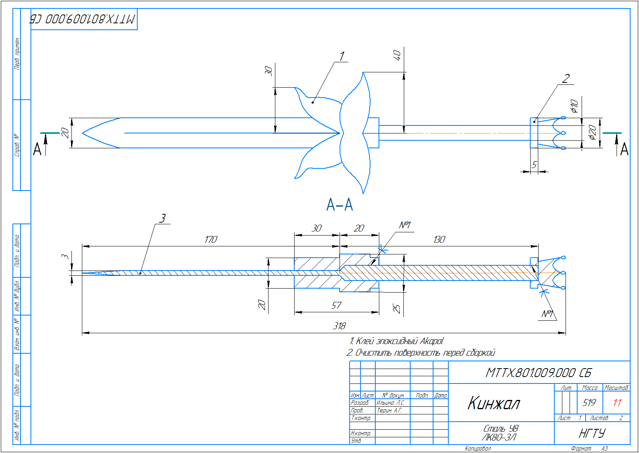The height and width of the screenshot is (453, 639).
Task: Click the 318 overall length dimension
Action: click(339, 326)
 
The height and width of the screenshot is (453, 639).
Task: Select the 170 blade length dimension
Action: click(211, 240)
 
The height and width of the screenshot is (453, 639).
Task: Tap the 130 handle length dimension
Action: click(439, 240)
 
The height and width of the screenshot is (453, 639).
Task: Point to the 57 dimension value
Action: click(336, 305)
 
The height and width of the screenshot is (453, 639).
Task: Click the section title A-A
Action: click(340, 205)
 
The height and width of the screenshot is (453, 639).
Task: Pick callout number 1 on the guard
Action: click(342, 56)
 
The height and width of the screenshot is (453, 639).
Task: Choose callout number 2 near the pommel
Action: click(566, 78)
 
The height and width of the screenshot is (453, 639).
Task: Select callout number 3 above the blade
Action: click(162, 218)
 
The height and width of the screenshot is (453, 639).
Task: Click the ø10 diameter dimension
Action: click(574, 106)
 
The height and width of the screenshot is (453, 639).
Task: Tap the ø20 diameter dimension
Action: click(592, 132)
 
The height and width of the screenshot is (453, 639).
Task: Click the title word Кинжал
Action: click(494, 403)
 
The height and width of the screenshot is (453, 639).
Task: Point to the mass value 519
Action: click(589, 402)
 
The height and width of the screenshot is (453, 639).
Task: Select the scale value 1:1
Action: click(617, 402)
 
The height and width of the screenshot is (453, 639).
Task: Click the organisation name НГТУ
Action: click(592, 433)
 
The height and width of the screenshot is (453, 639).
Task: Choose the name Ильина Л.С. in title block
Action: click(390, 403)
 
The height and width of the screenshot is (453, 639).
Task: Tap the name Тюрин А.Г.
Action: click(389, 410)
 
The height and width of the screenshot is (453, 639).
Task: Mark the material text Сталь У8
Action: click(501, 428)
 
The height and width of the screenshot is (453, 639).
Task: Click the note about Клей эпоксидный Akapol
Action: click(397, 341)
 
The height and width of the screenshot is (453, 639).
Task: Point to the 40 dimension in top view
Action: click(397, 55)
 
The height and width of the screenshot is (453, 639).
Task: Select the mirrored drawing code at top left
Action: click(83, 19)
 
